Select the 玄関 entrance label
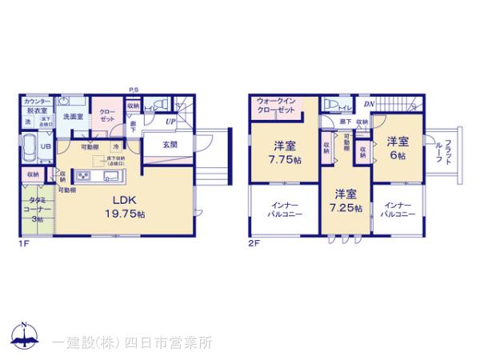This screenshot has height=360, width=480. pos(170,144)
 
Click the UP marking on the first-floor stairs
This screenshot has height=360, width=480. pos(170,122)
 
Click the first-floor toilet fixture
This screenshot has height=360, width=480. pos(157,104)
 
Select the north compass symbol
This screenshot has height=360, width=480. pos(24,336)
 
